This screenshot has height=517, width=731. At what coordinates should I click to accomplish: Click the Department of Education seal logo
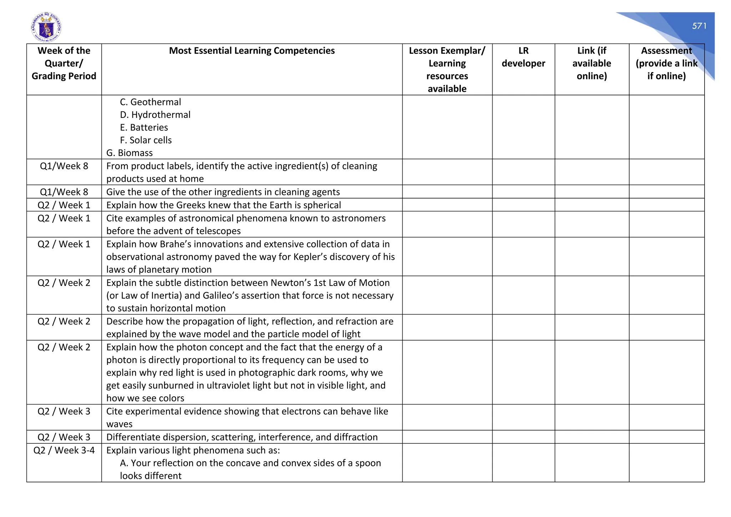46,27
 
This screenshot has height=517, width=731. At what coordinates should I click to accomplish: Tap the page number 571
699,26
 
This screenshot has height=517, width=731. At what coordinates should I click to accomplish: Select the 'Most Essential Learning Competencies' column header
252,51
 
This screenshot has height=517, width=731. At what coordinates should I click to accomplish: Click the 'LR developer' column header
523,57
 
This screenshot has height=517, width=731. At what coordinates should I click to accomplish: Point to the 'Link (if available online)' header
591,63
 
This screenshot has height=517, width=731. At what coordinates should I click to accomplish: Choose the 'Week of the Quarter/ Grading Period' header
64,63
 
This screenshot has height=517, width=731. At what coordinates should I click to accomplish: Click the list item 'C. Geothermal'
150,102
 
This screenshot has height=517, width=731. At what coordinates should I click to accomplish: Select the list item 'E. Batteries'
144,127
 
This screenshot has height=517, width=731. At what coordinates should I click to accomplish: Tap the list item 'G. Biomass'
130,153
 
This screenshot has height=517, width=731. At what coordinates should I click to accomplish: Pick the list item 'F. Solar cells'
146,140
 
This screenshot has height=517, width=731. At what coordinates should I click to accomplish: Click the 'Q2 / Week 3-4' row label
64,450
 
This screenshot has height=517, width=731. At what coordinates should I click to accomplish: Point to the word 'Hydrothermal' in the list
161,115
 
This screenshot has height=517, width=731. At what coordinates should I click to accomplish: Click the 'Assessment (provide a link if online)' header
666,63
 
